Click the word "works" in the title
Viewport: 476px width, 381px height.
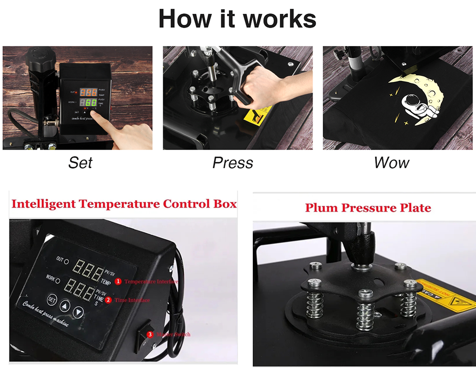tap(279, 19)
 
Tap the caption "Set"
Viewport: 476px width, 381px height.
tap(80, 163)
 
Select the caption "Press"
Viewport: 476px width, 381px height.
tap(233, 163)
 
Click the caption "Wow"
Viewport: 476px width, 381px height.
tap(391, 163)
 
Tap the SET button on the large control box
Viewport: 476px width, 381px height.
tap(52, 300)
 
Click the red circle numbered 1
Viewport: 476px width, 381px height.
tap(118, 281)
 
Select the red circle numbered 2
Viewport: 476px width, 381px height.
tap(108, 300)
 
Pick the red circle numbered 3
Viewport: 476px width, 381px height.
tap(150, 334)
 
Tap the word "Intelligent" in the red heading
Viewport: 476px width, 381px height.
tap(43, 204)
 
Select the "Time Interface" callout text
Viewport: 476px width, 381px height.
tap(132, 300)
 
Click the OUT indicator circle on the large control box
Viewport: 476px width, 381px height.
tap(66, 261)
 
